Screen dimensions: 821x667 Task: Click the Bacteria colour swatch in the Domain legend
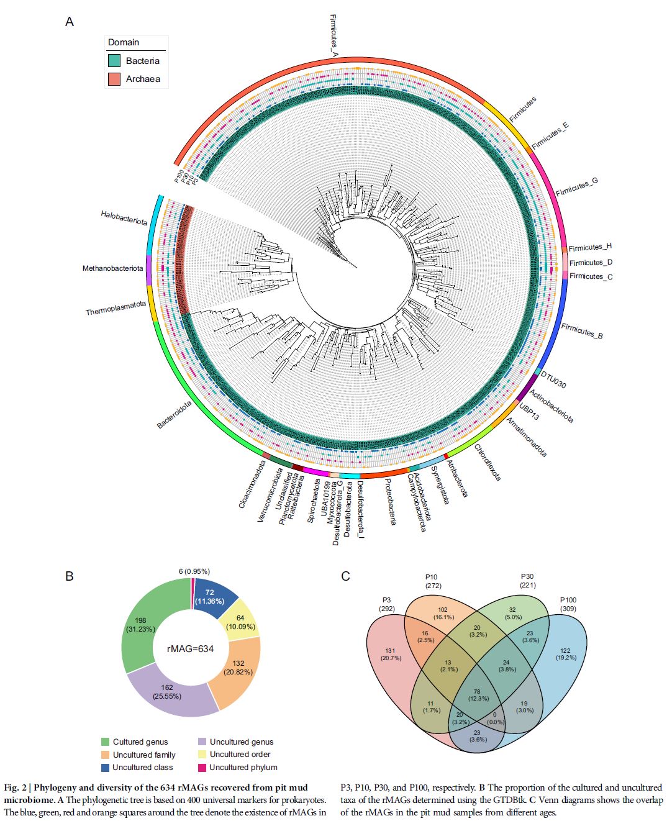[114, 61]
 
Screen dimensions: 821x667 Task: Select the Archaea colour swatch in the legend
[114, 79]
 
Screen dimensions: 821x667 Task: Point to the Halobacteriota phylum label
[124, 218]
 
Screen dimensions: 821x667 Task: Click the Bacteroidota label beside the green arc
[174, 414]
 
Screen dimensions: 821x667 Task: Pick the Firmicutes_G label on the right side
[577, 186]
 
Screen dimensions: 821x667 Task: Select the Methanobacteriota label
[112, 268]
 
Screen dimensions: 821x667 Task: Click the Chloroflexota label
[487, 462]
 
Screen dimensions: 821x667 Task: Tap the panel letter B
[70, 576]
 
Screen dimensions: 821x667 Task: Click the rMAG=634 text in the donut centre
[190, 648]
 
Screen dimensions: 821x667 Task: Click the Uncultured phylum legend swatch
[202, 768]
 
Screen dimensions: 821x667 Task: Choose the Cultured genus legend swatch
[105, 742]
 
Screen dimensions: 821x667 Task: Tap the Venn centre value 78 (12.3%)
[477, 694]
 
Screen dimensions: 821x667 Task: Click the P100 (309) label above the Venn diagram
[568, 604]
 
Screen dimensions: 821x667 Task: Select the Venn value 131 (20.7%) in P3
[391, 654]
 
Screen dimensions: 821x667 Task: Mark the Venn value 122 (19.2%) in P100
[565, 654]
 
